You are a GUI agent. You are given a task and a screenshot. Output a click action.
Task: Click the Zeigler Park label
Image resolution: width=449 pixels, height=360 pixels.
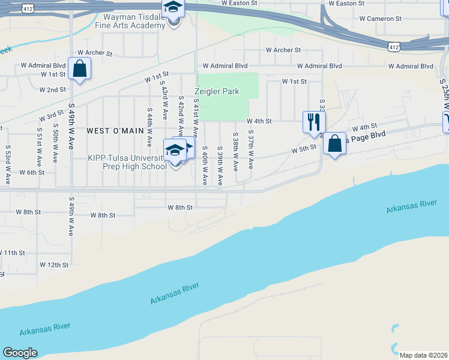pos(217,92)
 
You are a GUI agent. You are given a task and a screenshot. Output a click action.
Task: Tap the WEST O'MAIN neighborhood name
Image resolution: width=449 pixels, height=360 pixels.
pos(115,130)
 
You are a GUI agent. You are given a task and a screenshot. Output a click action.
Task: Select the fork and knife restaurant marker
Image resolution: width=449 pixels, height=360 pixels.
pos(313,122)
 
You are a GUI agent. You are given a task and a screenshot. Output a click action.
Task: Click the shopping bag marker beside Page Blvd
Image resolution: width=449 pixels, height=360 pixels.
pos(335,143)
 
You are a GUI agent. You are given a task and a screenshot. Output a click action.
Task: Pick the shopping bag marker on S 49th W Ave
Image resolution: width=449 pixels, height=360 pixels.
pos(79,68)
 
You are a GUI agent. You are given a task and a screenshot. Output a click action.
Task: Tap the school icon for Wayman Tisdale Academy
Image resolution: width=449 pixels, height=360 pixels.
pos(173,8)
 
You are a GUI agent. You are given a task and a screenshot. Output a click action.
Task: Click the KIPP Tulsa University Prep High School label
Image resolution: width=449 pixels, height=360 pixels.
pos(127,162)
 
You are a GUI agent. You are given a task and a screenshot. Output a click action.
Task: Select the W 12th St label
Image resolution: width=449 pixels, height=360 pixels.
pos(55,265)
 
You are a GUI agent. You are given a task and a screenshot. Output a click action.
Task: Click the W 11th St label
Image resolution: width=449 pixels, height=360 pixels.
pos(13,253)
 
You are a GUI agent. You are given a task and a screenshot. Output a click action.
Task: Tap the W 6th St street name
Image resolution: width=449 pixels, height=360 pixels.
pos(32,172)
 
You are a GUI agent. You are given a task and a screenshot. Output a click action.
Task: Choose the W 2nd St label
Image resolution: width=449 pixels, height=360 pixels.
pos(52,89)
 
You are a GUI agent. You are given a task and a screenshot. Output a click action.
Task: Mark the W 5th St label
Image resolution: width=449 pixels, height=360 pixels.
pos(304,148)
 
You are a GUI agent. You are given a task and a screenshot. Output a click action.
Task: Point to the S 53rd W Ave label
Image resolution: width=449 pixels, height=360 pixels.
pos(8,155)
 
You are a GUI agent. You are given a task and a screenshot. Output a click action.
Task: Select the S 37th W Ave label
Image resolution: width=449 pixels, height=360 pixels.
pos(251,150)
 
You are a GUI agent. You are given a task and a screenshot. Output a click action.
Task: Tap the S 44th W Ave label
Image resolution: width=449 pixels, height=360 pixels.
pos(149,127)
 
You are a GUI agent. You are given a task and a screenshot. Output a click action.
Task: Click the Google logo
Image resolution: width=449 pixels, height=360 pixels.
pos(20,353)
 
